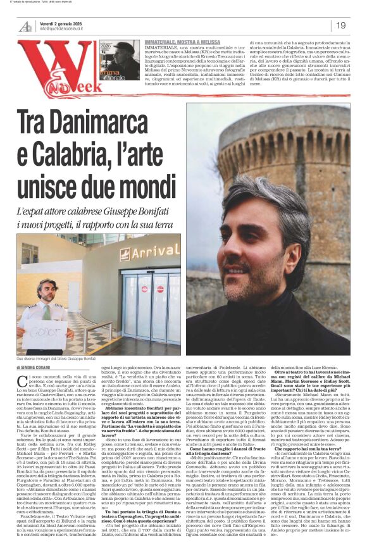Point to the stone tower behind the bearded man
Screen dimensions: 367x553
pos(304,152)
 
